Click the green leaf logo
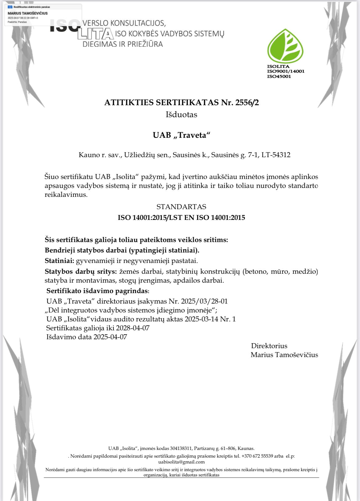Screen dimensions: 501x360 (x=285, y=46)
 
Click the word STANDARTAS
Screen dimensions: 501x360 (x=181, y=207)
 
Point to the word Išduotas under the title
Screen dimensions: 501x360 (x=181, y=115)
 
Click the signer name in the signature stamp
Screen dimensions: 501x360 (x=28, y=13)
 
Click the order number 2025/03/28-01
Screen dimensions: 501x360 (x=204, y=301)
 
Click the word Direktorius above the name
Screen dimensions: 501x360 (x=269, y=346)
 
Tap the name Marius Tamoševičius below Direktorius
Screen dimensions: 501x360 (x=284, y=355)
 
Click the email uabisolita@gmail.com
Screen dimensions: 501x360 (x=181, y=462)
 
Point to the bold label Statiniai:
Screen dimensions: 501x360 (x=59, y=261)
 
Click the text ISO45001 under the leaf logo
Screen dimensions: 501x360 (x=279, y=77)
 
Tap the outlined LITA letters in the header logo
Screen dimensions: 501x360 (x=95, y=34)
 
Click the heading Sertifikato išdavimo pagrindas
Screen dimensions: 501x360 (x=98, y=291)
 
